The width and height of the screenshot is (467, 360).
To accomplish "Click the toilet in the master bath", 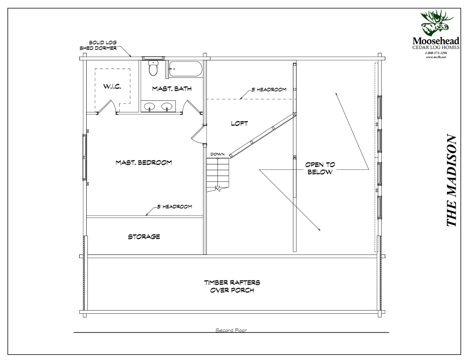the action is click(x=153, y=68).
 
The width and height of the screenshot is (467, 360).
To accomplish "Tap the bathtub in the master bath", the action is click(x=186, y=70).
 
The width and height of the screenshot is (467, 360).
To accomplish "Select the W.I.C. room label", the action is click(x=112, y=87).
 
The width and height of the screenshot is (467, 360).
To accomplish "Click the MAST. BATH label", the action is click(x=166, y=89).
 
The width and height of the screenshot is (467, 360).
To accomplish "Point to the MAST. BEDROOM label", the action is click(x=143, y=162).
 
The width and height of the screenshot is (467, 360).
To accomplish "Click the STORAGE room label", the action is click(x=144, y=237).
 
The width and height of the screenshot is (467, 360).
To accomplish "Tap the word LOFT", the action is click(x=240, y=123).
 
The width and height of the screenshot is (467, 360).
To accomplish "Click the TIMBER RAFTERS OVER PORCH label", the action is click(x=232, y=286).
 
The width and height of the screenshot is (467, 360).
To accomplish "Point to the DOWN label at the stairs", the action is click(x=217, y=155).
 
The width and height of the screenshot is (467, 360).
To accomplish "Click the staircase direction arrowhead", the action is click(x=218, y=189).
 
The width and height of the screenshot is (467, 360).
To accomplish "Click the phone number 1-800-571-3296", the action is click(x=436, y=52).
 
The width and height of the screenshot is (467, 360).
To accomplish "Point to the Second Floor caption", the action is click(x=231, y=331).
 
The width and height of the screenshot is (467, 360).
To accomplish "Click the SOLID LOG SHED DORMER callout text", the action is click(x=98, y=45).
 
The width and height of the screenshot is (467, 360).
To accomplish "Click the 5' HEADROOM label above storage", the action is click(x=175, y=207).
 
